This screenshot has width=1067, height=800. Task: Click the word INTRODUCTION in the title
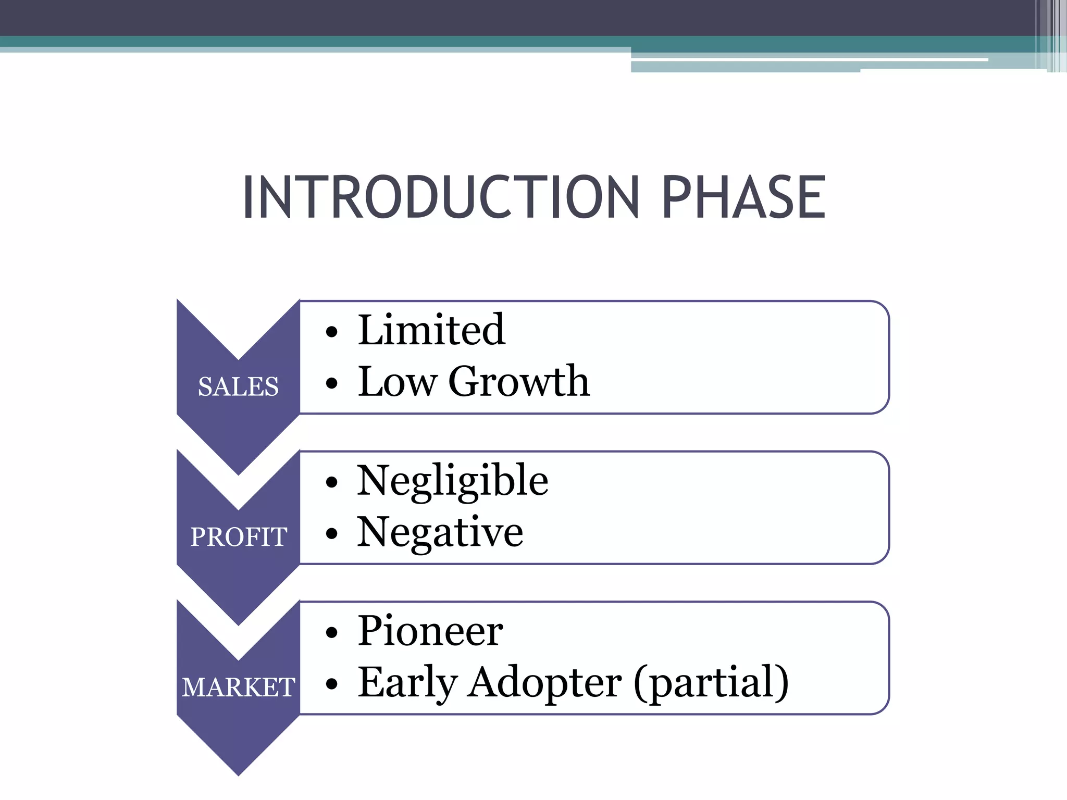point(440,197)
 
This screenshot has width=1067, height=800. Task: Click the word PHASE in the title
point(743,197)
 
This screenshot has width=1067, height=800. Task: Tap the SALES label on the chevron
point(238,386)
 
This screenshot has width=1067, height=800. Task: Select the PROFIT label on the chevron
point(238,537)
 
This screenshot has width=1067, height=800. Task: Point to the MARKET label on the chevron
point(238,687)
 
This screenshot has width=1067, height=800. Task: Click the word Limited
point(431,330)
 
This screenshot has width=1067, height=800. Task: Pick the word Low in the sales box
point(397,382)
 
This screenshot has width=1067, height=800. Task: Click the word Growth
point(518,381)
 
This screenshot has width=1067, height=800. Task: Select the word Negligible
point(452,481)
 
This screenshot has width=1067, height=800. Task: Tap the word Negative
point(440,532)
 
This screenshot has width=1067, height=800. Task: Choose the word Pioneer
point(430,631)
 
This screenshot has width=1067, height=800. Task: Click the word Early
point(407,683)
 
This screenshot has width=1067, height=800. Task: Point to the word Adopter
point(544,683)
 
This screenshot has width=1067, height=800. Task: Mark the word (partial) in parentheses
point(711,683)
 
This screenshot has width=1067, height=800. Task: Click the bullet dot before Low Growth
point(331,383)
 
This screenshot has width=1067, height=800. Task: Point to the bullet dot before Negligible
point(331,482)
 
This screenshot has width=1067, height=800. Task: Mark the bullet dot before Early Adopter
point(331,684)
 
